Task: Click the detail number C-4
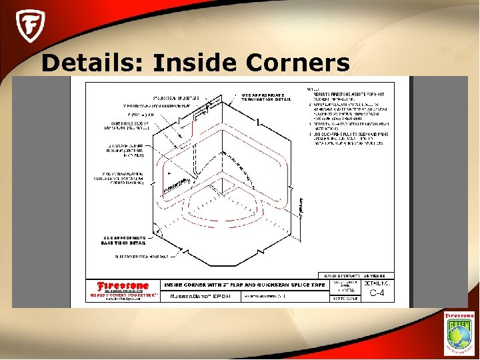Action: pyautogui.click(x=377, y=292)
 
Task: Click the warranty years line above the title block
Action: pyautogui.click(x=357, y=275)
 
